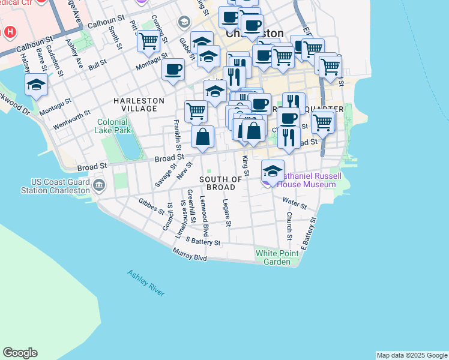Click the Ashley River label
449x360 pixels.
click(x=146, y=283)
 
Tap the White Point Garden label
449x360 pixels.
click(x=273, y=257)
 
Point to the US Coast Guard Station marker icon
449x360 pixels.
click(x=98, y=186)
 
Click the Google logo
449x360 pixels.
click(x=20, y=353)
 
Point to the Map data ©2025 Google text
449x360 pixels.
click(x=412, y=355)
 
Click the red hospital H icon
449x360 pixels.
click(x=10, y=31)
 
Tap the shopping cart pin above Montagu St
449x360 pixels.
click(x=148, y=41)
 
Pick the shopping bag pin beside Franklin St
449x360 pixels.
click(x=203, y=135)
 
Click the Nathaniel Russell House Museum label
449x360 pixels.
click(x=310, y=180)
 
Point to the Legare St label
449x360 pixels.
click(x=227, y=213)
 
